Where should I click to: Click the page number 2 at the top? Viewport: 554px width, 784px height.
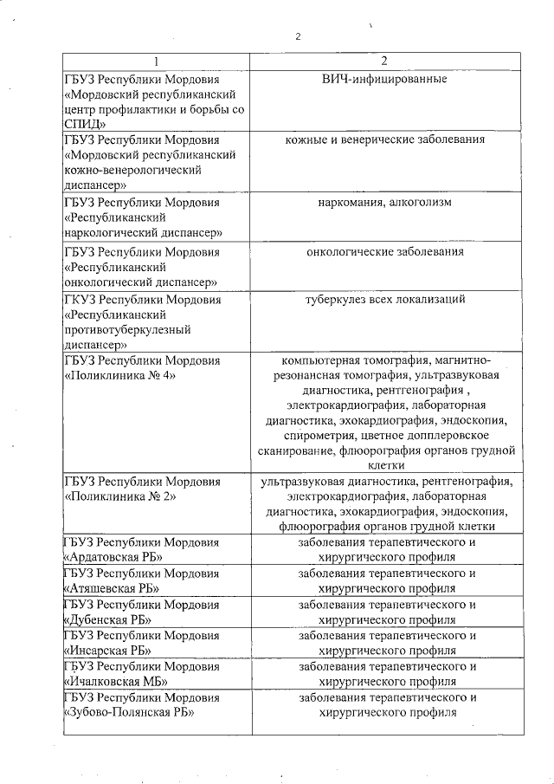click(x=298, y=36)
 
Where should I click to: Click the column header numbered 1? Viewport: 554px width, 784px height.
click(x=156, y=62)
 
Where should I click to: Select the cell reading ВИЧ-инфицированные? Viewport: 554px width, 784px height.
click(x=384, y=80)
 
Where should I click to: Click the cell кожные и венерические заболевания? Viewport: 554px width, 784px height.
click(x=384, y=139)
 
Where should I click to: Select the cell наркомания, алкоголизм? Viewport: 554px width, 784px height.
click(x=384, y=202)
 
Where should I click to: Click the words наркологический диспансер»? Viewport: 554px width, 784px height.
click(x=143, y=232)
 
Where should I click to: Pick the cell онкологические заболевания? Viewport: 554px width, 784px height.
click(x=384, y=251)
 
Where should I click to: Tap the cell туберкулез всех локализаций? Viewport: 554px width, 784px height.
click(x=384, y=300)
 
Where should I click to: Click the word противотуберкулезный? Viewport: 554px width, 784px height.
click(x=126, y=330)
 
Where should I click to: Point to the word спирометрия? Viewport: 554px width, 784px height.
click(x=300, y=436)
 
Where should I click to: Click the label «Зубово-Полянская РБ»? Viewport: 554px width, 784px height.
click(x=129, y=713)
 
